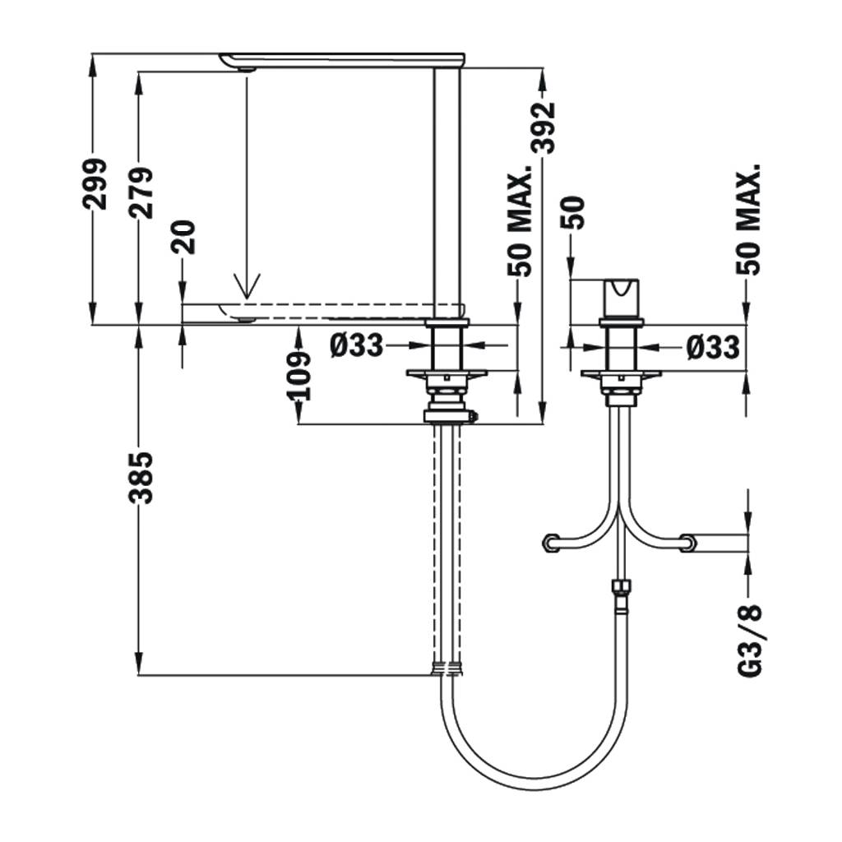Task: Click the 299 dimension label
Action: click(97, 183)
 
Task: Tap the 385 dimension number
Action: click(141, 476)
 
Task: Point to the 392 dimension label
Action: click(543, 127)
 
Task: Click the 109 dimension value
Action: click(301, 375)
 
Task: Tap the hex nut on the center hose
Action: click(620, 590)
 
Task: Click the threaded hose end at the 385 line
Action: click(448, 668)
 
